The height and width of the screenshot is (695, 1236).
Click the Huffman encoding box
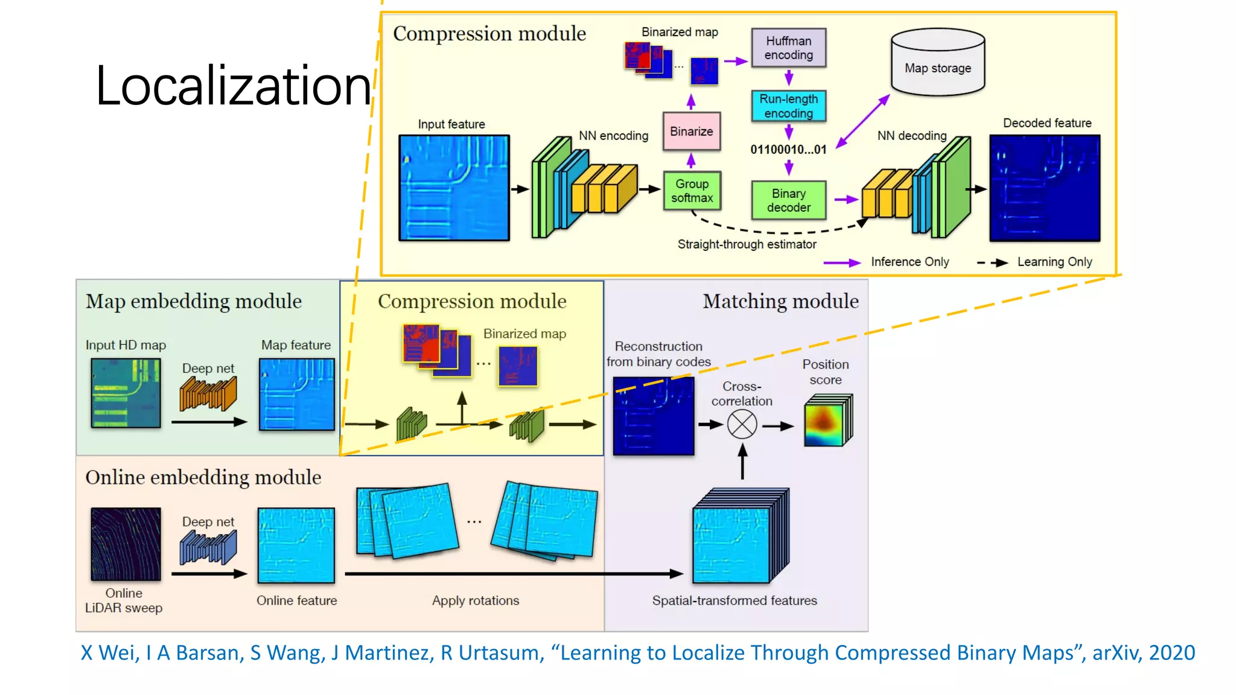(788, 48)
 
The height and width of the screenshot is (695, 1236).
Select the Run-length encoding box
(788, 106)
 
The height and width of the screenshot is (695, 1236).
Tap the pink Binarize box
(691, 131)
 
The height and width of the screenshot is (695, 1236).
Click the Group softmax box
(692, 191)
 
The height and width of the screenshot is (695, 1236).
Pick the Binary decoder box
(788, 200)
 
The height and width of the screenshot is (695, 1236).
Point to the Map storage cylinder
(937, 63)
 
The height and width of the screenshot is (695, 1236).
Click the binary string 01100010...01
(788, 150)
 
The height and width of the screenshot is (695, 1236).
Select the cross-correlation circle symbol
(742, 424)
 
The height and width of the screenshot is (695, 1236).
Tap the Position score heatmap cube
(827, 420)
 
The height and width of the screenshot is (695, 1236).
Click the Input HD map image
(126, 393)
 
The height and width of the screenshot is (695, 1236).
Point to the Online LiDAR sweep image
(126, 544)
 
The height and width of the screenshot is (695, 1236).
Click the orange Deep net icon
(208, 393)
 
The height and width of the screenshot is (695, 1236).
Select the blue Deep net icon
(208, 547)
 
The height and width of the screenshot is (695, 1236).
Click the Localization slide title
(233, 86)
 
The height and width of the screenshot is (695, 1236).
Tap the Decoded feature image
(1044, 188)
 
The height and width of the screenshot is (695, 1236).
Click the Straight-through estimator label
(747, 244)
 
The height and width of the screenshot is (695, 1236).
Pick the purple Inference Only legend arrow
(842, 262)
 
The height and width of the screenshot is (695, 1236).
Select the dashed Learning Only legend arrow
(992, 262)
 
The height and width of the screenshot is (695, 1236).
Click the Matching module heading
(780, 301)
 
